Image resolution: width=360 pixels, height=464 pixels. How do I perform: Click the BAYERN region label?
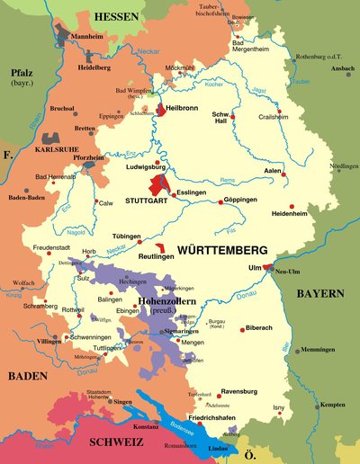click(x=321, y=293)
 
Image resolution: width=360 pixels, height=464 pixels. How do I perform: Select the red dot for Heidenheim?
click(x=291, y=205)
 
